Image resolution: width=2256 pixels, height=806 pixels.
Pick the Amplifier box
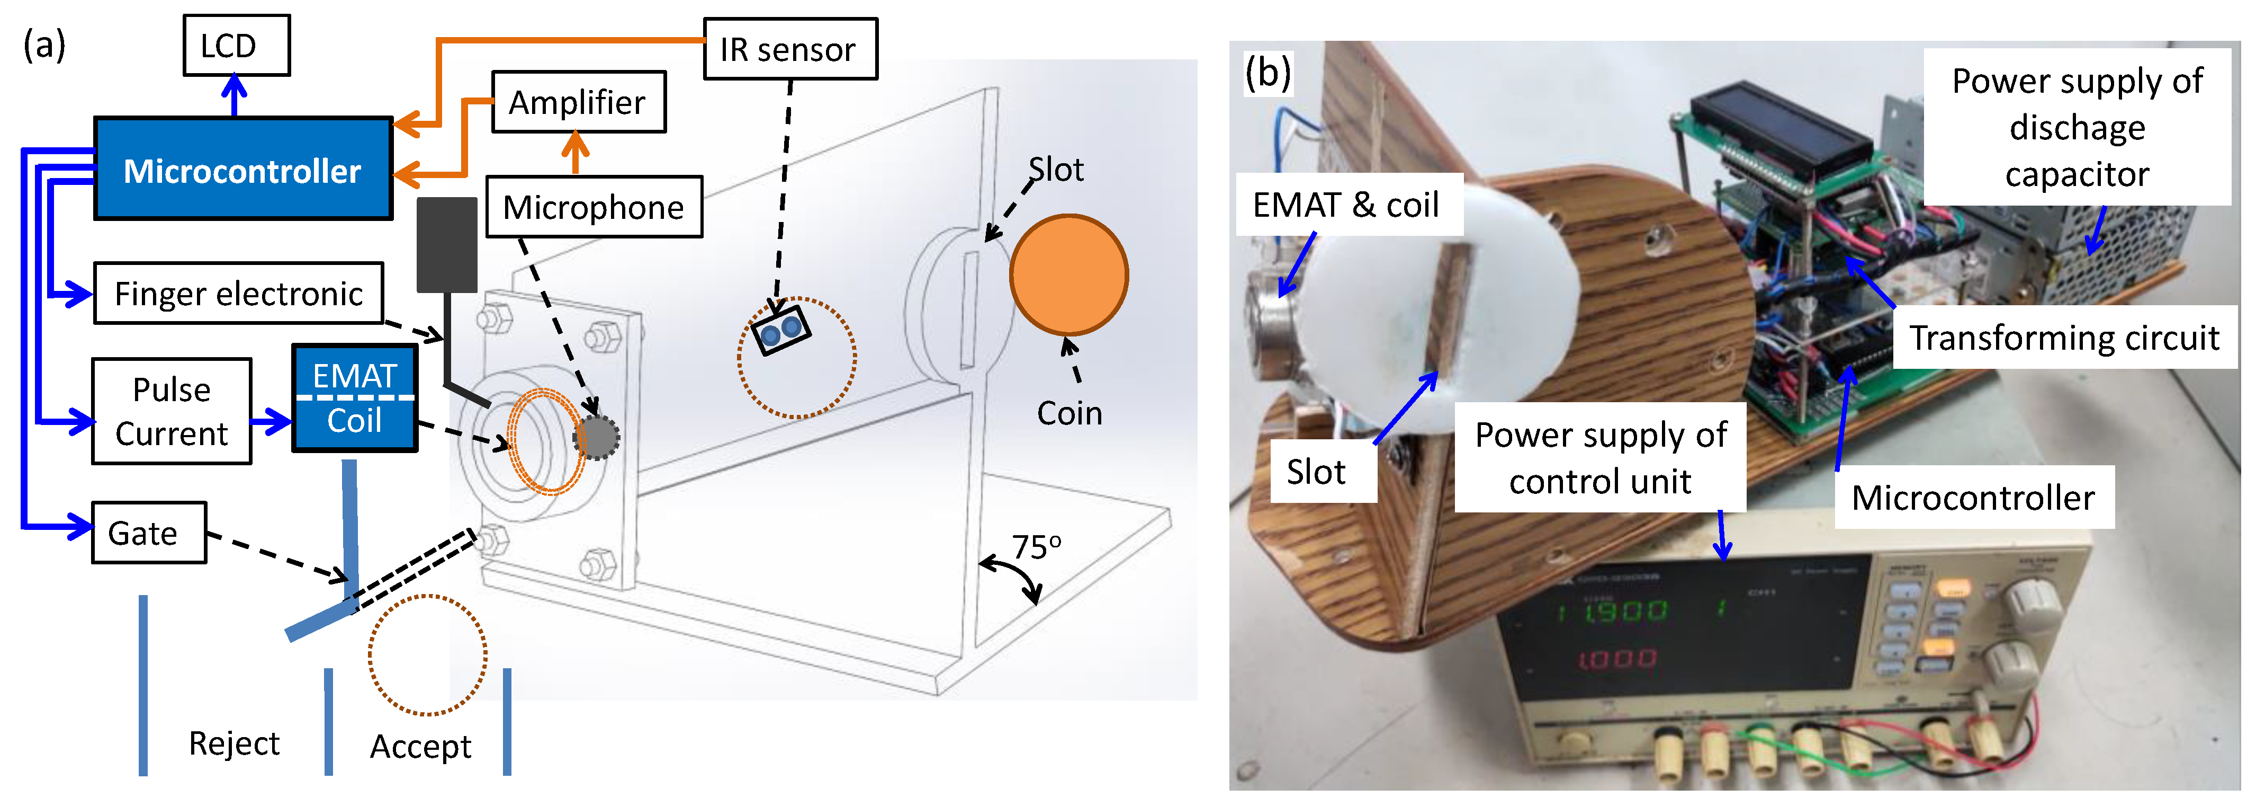coord(578,102)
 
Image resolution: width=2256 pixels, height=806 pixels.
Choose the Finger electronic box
coord(238,294)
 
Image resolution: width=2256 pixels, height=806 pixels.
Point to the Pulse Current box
coord(172,411)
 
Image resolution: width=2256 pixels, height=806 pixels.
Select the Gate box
coord(149,533)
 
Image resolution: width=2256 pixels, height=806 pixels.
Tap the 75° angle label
coord(1036,547)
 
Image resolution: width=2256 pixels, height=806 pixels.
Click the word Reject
coord(234,743)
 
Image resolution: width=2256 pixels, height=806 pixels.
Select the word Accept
coord(420,747)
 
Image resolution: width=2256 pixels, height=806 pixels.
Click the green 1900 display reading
coord(1624,610)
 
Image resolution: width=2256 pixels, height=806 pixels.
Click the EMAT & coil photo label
coord(1346,205)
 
